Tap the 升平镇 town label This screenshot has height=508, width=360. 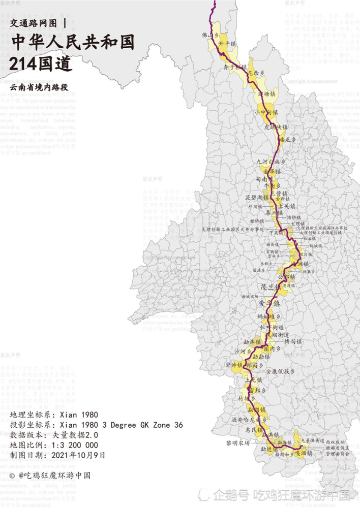(227, 44)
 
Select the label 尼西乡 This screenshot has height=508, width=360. (256, 73)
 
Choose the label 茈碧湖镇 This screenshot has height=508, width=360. (257, 197)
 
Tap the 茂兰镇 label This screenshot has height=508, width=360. (271, 287)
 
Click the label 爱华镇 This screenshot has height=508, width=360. (269, 303)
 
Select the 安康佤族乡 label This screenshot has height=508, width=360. (280, 371)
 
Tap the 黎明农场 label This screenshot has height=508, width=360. (237, 443)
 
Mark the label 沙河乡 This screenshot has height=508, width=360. (243, 351)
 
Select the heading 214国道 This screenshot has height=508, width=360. (41, 64)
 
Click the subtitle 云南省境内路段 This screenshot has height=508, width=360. (38, 87)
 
